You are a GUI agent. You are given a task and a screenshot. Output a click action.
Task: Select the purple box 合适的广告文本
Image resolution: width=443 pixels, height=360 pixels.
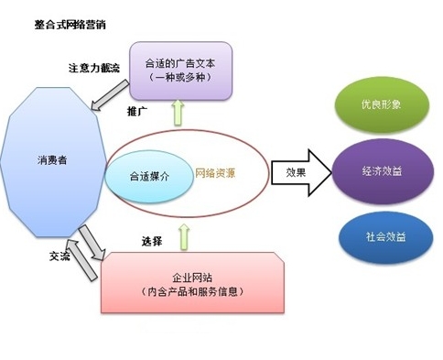tap(183, 71)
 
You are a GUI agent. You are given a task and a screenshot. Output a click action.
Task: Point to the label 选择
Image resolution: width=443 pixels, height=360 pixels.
tap(152, 241)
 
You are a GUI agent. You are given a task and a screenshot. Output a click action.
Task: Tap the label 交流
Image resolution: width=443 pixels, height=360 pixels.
tap(59, 257)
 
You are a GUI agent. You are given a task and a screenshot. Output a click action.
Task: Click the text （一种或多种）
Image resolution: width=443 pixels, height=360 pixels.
tap(183, 79)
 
